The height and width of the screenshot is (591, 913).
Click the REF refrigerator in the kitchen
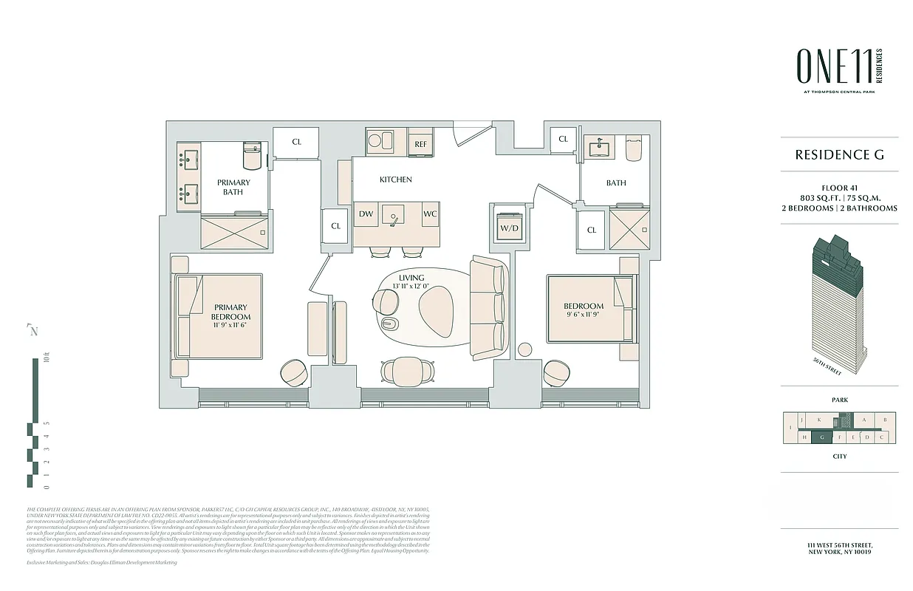(x=420, y=144)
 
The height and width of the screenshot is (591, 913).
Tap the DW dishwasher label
(x=366, y=214)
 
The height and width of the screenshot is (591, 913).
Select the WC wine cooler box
(x=430, y=214)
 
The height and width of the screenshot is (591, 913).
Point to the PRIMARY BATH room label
(x=233, y=187)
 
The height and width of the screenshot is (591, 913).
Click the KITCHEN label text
(x=395, y=180)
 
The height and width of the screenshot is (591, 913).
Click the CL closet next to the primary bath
(x=296, y=142)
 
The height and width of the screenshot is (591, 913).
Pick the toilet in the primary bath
(x=253, y=157)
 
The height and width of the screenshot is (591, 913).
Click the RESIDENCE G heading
(x=839, y=155)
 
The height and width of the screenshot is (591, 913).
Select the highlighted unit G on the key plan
(x=821, y=437)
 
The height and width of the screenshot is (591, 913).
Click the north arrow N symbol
(x=33, y=331)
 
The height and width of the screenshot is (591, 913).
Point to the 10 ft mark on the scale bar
(x=46, y=361)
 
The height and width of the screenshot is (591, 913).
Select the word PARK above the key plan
(x=839, y=400)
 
